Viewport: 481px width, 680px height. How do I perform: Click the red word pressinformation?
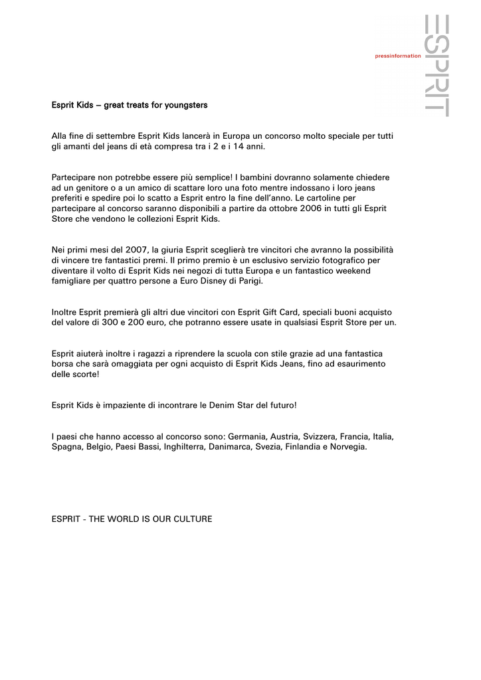coord(398,56)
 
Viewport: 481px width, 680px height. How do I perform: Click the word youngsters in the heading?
coord(187,105)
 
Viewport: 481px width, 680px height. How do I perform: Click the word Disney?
coord(213,282)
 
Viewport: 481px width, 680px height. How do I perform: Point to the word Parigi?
coord(248,282)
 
